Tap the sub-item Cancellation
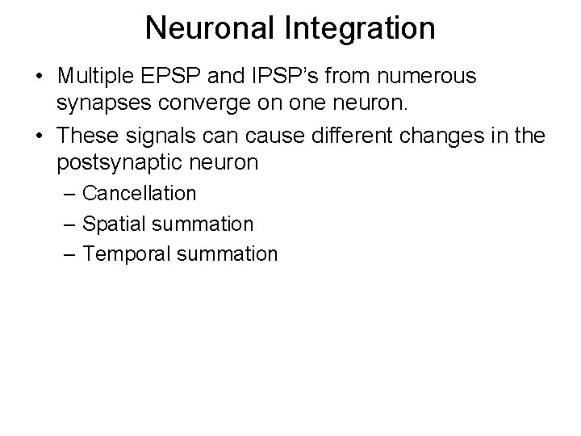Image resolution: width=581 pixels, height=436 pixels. (x=140, y=194)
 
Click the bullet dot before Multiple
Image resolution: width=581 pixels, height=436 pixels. (x=39, y=78)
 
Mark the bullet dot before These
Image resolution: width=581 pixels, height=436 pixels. (x=39, y=136)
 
